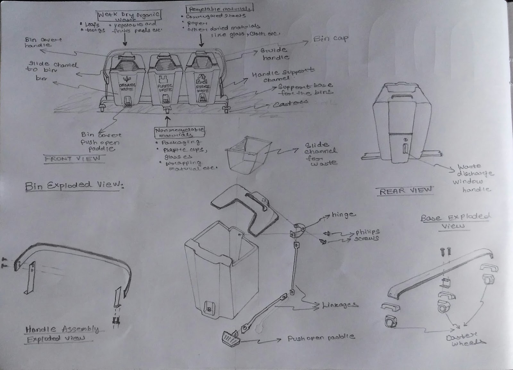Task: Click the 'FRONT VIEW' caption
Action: [x=72, y=159]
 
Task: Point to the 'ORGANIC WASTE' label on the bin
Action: [x=127, y=87]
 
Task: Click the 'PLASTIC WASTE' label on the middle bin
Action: [x=165, y=88]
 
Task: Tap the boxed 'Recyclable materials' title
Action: [x=219, y=8]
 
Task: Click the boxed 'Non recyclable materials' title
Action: [x=180, y=132]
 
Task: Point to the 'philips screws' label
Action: [x=367, y=235]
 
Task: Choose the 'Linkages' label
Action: [x=340, y=305]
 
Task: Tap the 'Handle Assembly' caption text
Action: [x=62, y=329]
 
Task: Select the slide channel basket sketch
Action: [x=246, y=153]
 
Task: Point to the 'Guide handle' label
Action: [x=274, y=54]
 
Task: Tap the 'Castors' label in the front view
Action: [x=290, y=103]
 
